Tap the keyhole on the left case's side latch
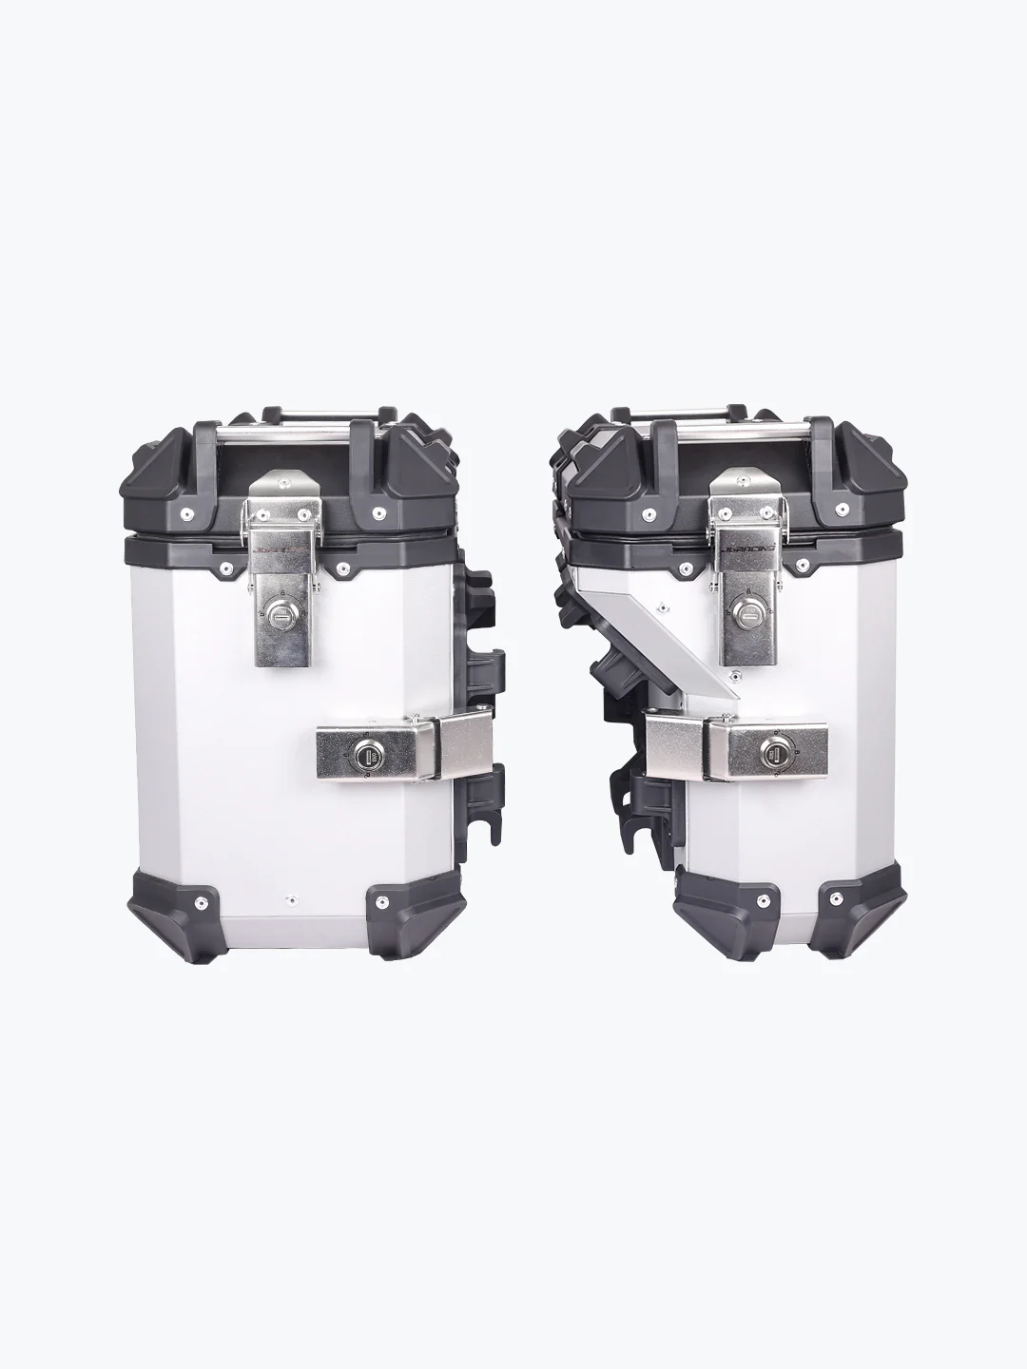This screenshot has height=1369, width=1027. coord(362,757)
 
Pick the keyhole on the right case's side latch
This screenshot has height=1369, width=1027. coord(770,757)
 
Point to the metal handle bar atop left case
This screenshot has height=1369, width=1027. coord(282,430)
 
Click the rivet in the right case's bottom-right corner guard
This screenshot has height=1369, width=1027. coord(836,897)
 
